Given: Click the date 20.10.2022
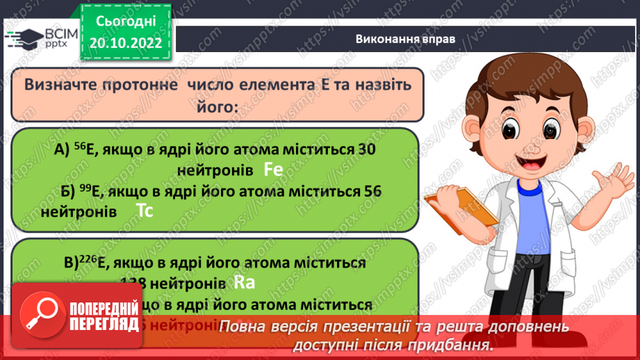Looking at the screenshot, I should coord(126,42).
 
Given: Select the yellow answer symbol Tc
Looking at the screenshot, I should coord(144,211).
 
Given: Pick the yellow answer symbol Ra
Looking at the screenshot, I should coord(245,282).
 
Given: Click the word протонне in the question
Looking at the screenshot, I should coord(137,84).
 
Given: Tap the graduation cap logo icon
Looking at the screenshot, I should coord(25,38).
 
